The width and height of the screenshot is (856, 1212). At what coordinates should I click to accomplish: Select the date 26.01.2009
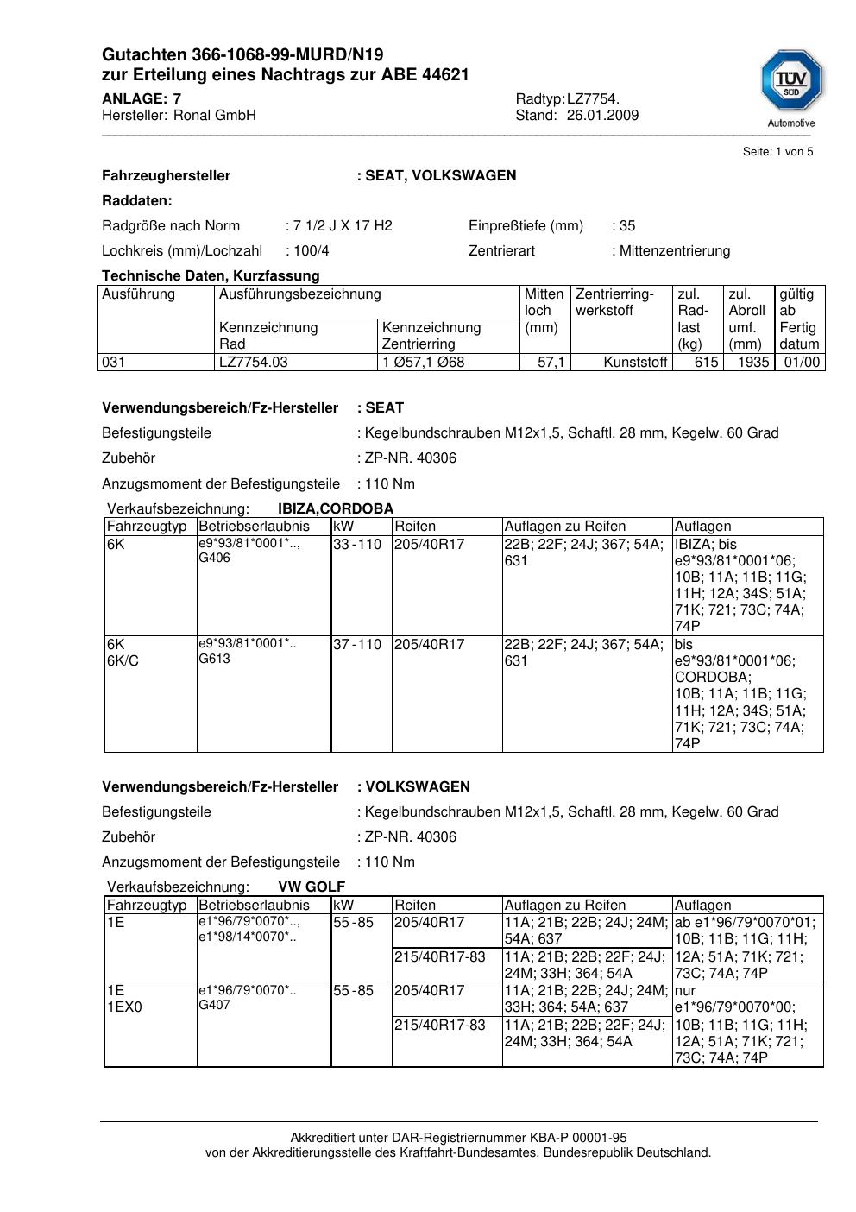[x=602, y=116]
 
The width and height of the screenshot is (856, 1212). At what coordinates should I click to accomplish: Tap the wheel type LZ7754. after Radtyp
[x=593, y=99]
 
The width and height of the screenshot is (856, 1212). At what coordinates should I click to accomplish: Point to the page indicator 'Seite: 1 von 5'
[x=777, y=152]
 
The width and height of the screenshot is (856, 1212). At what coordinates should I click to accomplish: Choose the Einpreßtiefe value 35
[x=626, y=226]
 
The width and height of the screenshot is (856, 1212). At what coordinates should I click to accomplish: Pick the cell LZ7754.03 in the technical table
[x=254, y=363]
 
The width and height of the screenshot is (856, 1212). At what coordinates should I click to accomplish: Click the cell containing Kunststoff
[x=636, y=363]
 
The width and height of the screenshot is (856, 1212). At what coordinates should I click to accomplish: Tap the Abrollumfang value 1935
[x=752, y=363]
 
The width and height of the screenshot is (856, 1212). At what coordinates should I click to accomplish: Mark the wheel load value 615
[x=706, y=363]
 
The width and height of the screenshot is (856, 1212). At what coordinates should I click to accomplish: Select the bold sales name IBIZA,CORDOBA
[x=336, y=508]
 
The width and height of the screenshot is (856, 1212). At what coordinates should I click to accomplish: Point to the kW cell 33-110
[x=357, y=545]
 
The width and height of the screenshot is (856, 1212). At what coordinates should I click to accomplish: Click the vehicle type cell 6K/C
[x=123, y=661]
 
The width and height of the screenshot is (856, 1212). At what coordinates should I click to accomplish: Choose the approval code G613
[x=215, y=659]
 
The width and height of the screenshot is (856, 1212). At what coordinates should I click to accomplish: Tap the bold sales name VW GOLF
[x=312, y=887]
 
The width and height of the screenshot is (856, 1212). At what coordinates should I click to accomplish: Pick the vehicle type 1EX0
[x=125, y=1007]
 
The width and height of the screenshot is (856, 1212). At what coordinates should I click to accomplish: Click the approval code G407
[x=215, y=1005]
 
